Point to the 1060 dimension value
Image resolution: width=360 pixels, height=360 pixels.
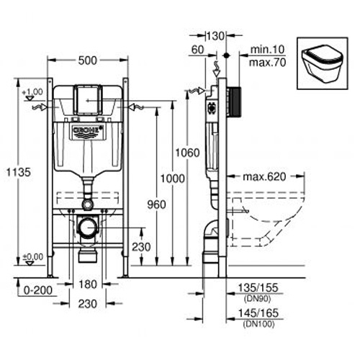click(x=186, y=152)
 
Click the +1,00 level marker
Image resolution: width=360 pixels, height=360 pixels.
click(x=33, y=92)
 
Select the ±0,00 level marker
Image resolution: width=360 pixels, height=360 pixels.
click(x=33, y=256)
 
